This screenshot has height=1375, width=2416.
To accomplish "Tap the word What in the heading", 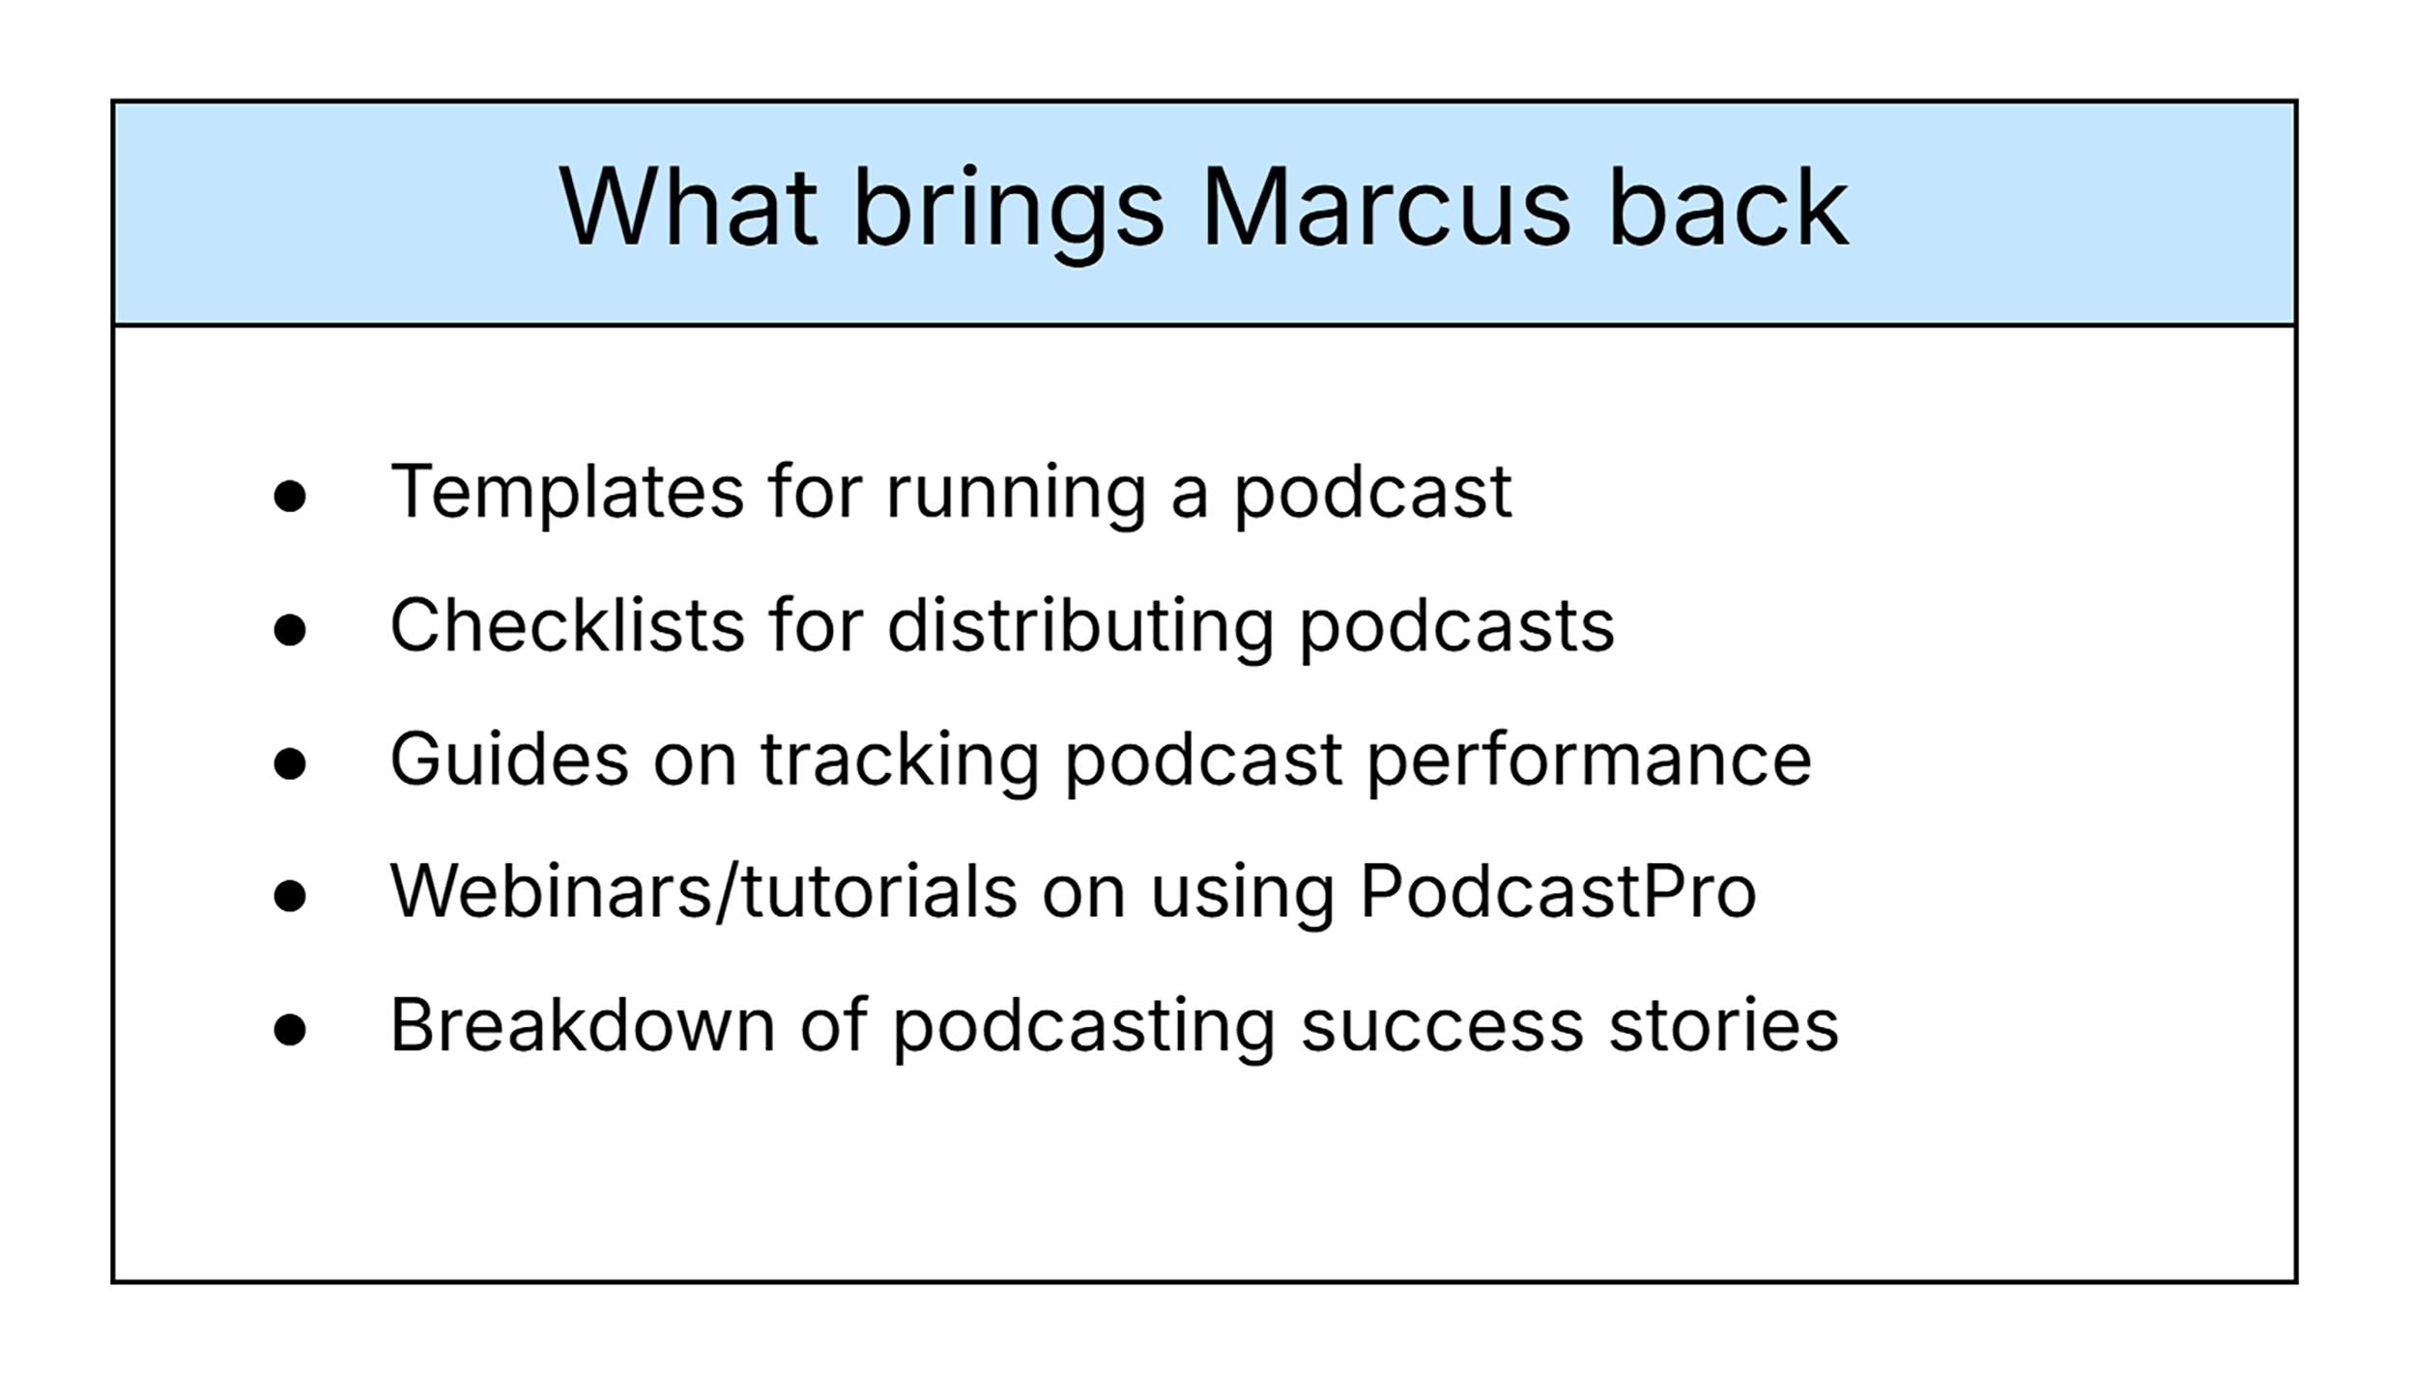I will [x=688, y=209].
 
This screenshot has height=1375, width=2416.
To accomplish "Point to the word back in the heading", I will [x=1727, y=209].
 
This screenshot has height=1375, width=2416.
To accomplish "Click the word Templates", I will [x=566, y=493].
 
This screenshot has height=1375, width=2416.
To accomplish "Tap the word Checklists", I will [x=567, y=626].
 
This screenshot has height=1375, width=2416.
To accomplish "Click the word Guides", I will [x=509, y=759].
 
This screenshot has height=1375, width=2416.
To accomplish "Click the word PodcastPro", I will [x=1558, y=892].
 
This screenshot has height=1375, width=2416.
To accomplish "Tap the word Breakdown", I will [x=582, y=1025].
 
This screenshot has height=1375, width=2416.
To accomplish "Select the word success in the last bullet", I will [x=1441, y=1027].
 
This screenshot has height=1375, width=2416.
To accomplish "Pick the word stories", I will [x=1723, y=1025].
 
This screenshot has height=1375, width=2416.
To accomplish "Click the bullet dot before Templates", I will [x=290, y=497].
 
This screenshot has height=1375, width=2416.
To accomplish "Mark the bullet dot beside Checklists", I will [x=290, y=630].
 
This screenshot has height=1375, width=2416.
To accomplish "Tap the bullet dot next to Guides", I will [x=290, y=763].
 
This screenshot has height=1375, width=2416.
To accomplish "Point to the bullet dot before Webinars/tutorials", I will [x=290, y=896].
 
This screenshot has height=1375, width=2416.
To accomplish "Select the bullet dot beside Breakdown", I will [x=290, y=1029].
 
